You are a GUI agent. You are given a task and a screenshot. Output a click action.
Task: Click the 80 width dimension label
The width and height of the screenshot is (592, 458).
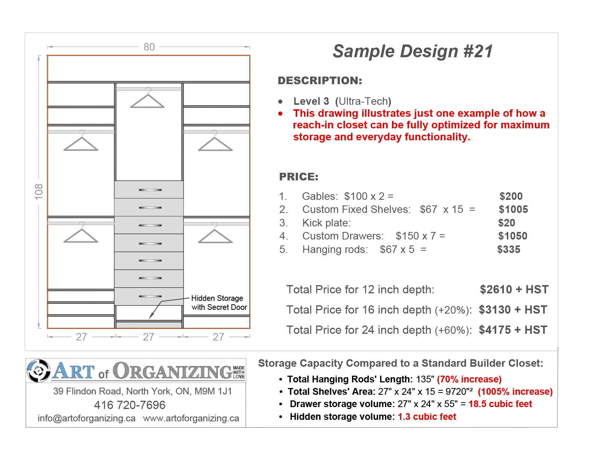click(149, 47)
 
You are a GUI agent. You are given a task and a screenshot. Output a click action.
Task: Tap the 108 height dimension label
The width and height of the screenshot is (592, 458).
click(39, 192)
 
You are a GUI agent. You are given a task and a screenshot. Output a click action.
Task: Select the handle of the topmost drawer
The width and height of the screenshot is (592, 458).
click(150, 190)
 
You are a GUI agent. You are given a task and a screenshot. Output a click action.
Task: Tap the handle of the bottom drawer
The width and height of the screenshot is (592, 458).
click(150, 296)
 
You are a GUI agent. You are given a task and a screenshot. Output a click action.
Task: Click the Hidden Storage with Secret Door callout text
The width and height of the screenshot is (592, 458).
click(219, 303)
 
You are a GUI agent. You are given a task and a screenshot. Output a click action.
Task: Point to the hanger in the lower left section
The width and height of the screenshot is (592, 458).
click(81, 235)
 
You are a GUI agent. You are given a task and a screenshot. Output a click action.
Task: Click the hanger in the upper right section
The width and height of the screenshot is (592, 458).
click(215, 143)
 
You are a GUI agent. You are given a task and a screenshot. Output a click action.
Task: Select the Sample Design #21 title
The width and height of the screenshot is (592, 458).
click(413, 51)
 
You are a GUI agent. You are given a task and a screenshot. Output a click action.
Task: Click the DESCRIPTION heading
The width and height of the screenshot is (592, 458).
click(320, 80)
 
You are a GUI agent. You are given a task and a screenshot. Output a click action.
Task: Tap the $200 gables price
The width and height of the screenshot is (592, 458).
click(511, 196)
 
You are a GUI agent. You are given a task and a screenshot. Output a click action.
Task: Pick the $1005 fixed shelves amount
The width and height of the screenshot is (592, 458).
click(513, 210)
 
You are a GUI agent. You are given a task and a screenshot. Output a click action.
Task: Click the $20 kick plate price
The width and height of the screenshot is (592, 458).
click(506, 223)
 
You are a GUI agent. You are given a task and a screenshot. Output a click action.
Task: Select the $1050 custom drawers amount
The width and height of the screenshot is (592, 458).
click(512, 236)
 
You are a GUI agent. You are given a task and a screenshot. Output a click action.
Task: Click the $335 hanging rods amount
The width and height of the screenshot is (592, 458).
click(509, 250)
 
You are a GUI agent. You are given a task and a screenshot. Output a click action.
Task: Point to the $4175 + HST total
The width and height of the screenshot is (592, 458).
click(513, 330)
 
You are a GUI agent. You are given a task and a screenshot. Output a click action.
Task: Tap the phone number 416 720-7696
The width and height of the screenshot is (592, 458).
click(130, 405)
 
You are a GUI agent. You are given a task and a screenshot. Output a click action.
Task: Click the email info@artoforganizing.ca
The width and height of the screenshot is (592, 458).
click(86, 418)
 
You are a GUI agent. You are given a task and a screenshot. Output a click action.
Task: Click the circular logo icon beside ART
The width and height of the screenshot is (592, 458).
click(38, 371)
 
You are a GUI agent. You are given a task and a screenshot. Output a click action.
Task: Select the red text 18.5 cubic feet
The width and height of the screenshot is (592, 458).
click(500, 404)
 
